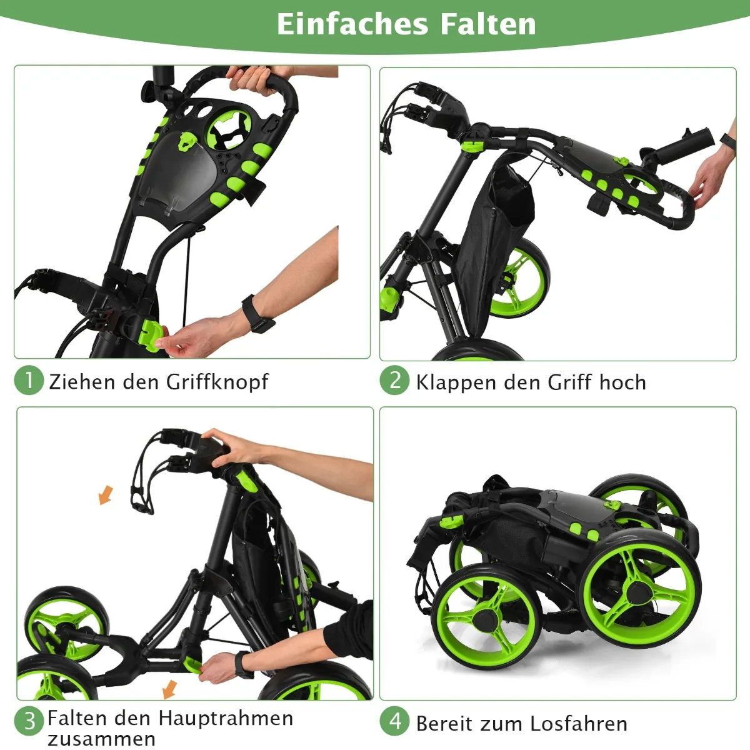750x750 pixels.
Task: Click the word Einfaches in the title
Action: coord(352,24)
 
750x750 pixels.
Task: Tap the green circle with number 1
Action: coord(29,380)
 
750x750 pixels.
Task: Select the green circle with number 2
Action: coord(394,380)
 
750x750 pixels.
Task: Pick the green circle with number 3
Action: coord(29,721)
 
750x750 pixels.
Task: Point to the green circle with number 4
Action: coord(394,721)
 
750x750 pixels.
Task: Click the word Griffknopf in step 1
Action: coord(217,382)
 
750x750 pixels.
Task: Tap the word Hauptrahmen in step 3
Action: coord(226,718)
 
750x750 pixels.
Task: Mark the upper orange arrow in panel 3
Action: coord(106,495)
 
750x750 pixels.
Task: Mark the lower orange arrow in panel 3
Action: coord(170,689)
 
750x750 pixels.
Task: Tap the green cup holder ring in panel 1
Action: coord(229,129)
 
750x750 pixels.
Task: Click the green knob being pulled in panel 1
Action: coord(150,335)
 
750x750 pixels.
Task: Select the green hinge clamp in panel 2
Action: coord(472,147)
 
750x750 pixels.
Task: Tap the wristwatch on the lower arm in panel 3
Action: coord(241,665)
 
